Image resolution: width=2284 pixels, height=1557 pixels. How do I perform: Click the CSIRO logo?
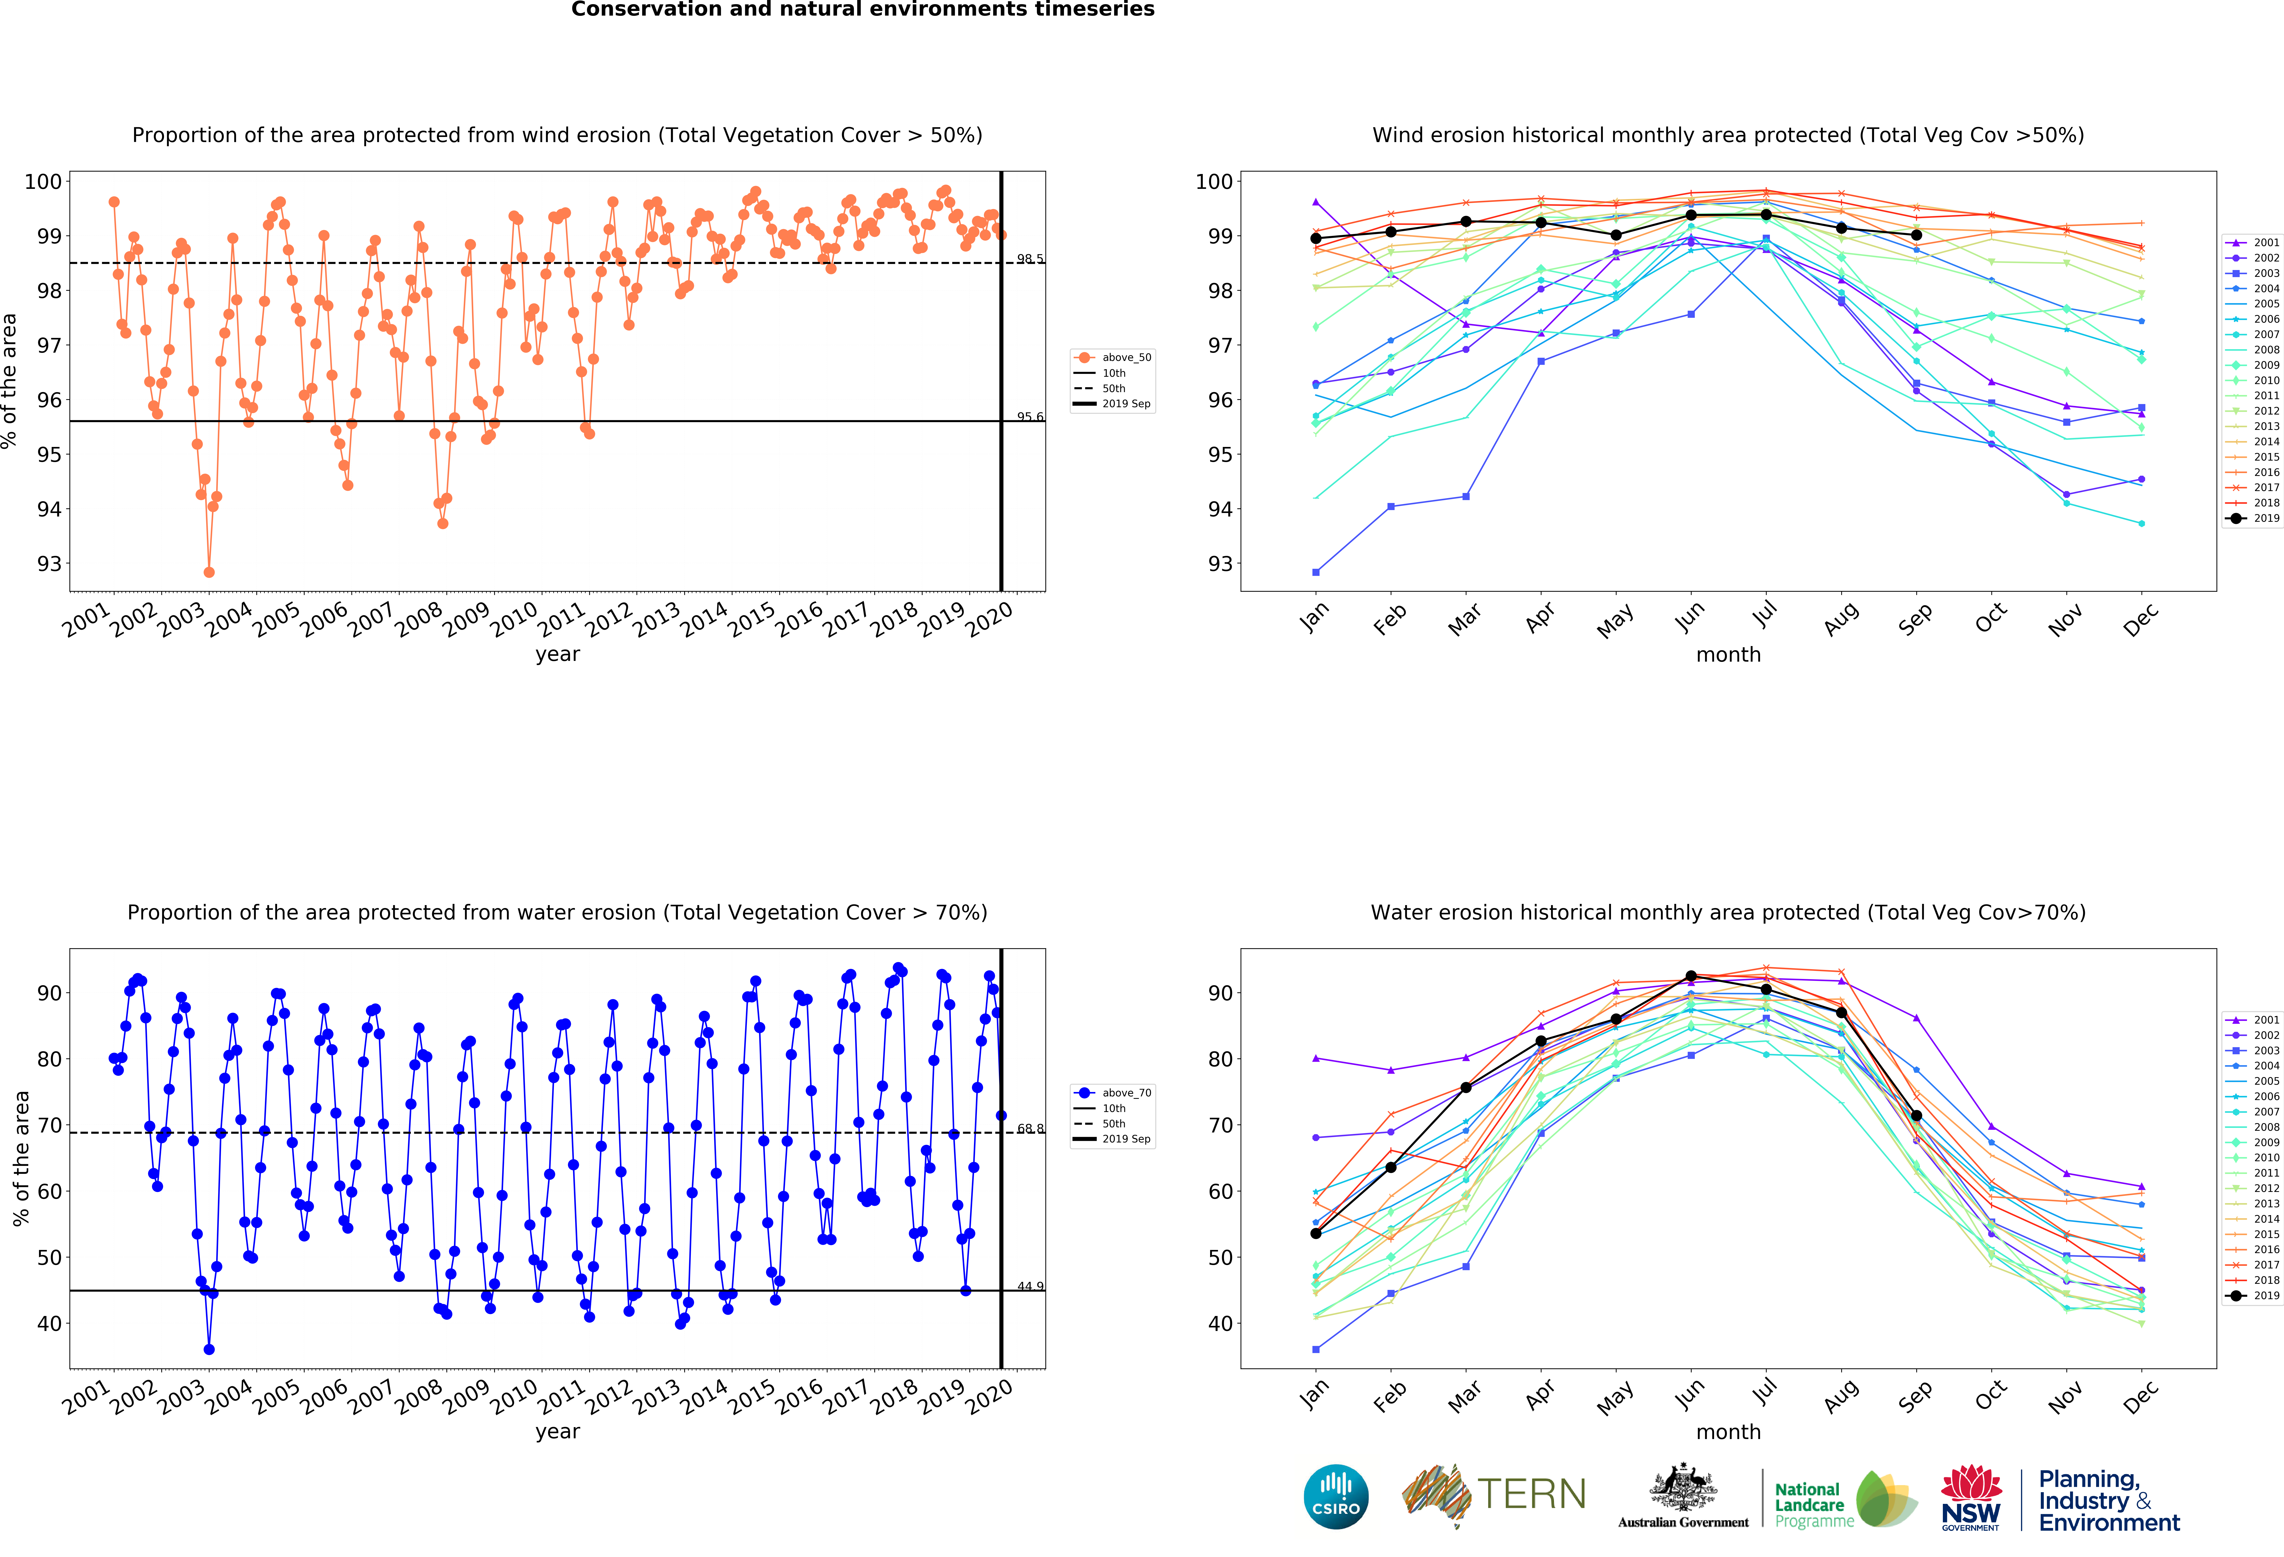click(x=1336, y=1497)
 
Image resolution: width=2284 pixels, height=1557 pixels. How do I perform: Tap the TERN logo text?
click(x=1531, y=1494)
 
